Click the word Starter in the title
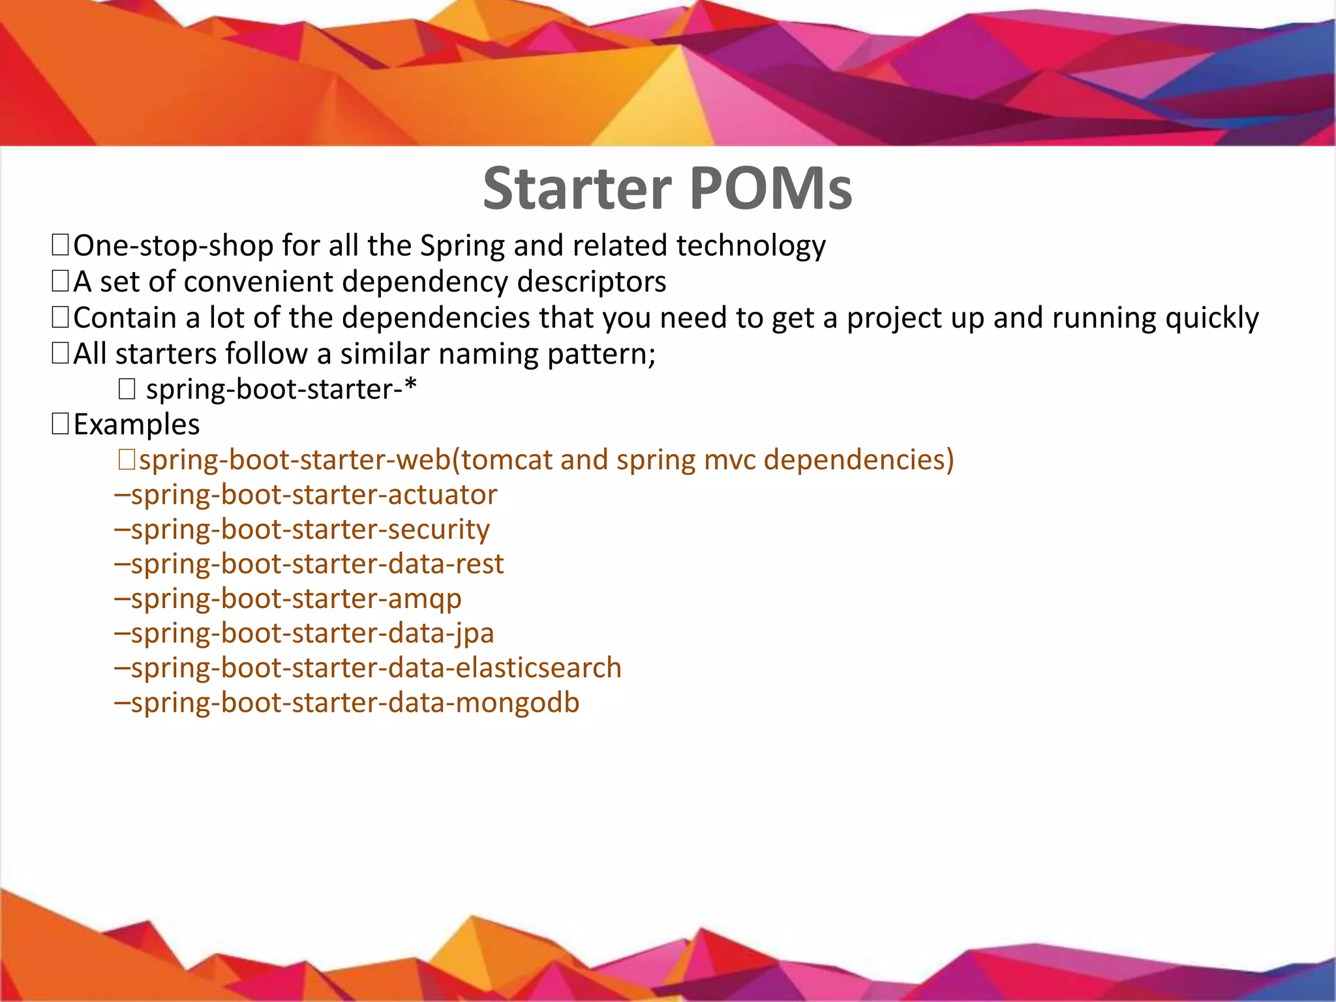577,189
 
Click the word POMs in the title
770,189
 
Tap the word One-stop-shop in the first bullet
174,247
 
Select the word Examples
136,425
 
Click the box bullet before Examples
60,425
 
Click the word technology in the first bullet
751,247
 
